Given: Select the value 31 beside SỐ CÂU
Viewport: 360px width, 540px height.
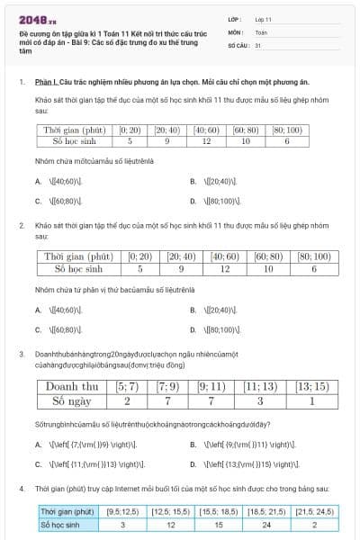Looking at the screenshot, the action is [x=258, y=44].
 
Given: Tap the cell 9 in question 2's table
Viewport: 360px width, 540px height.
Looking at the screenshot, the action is [x=181, y=268].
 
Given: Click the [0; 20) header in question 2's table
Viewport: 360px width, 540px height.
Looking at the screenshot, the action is [x=140, y=256].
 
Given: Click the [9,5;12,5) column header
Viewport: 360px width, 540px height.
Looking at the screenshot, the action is [x=121, y=510].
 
